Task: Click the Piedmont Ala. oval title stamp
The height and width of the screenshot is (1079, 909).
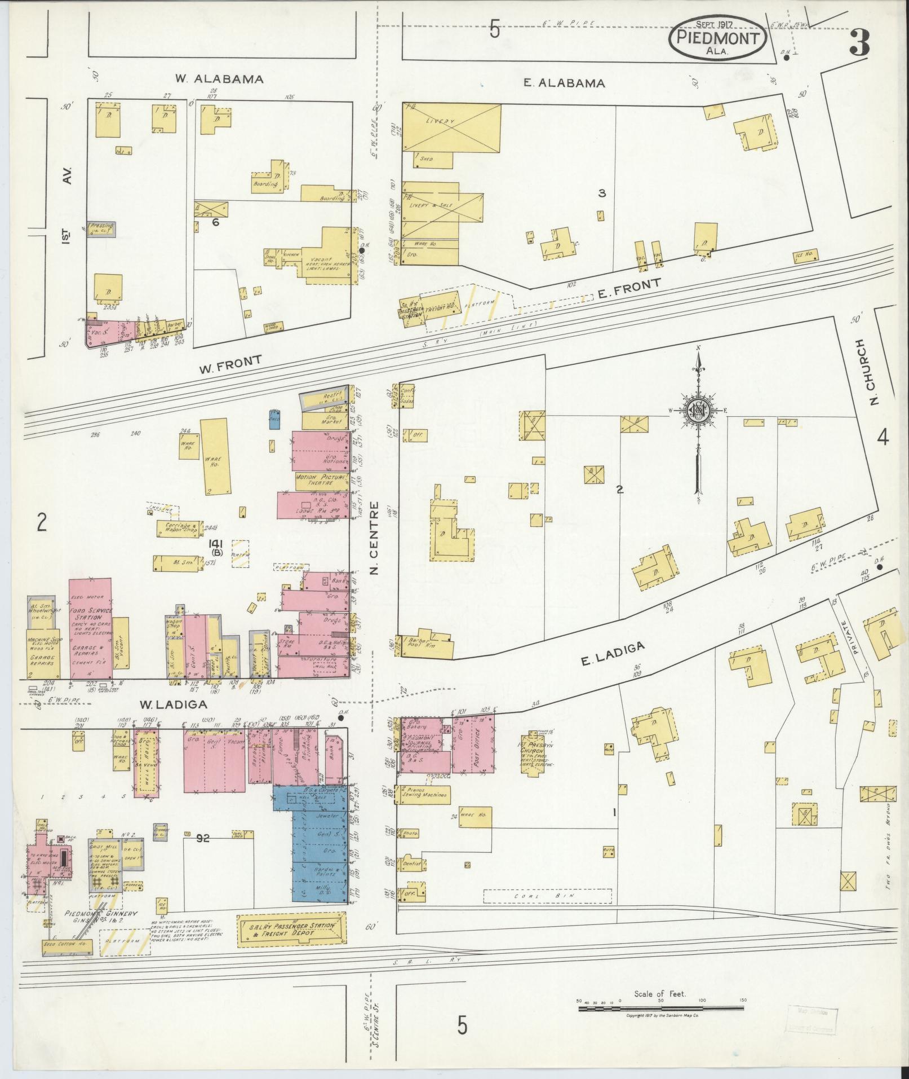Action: [717, 37]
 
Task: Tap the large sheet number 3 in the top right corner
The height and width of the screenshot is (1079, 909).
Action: [859, 42]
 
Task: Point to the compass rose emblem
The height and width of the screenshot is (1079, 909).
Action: [698, 410]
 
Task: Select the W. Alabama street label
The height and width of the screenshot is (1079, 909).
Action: [219, 79]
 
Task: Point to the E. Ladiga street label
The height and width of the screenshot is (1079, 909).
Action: [612, 654]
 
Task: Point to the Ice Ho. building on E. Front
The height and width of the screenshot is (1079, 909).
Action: [804, 255]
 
